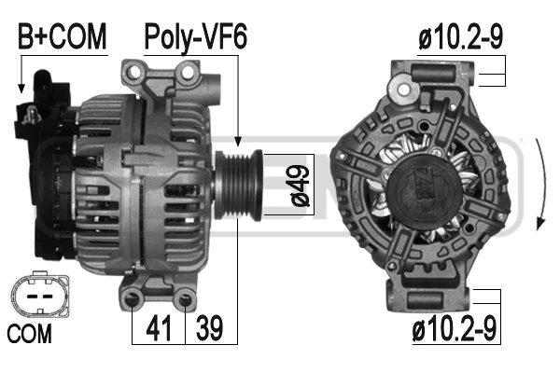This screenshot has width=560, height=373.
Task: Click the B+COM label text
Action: [63, 36]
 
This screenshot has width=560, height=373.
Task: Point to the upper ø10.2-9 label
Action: [460, 36]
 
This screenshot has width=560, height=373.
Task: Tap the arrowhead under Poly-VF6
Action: [239, 139]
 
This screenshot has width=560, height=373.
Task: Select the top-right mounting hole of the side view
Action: [190, 73]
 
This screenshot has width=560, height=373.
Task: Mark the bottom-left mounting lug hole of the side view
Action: [133, 297]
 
